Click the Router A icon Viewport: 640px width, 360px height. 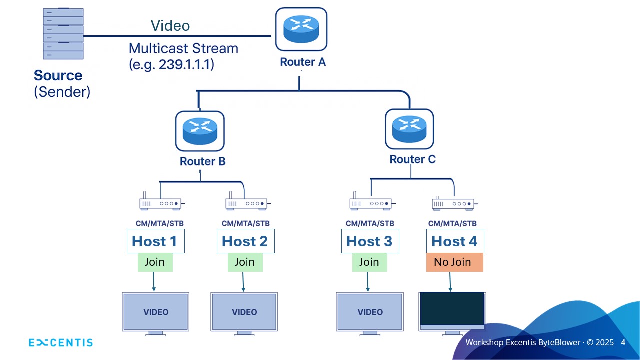point(301,29)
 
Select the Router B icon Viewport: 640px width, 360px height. point(200,131)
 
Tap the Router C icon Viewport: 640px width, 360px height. point(409,129)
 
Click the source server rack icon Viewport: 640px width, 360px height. point(63,33)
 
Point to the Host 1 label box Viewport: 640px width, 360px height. point(155,241)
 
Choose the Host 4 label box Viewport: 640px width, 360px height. point(455,241)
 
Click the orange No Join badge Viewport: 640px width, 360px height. point(454,262)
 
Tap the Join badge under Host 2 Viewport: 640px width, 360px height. point(245,262)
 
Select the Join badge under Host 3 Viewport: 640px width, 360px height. point(369,262)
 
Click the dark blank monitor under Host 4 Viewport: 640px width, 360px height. point(452,309)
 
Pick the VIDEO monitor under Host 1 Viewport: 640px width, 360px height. point(156,312)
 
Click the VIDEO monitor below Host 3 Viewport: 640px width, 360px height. point(370,312)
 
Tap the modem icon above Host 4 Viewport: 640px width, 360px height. point(453,203)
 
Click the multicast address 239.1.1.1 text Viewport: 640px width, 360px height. point(186,65)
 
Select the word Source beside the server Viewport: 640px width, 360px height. point(58,76)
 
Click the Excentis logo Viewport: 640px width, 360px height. point(61,343)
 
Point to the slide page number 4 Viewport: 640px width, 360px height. point(623,342)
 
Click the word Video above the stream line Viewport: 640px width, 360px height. point(170,26)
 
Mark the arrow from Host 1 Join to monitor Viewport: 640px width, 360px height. point(153,282)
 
